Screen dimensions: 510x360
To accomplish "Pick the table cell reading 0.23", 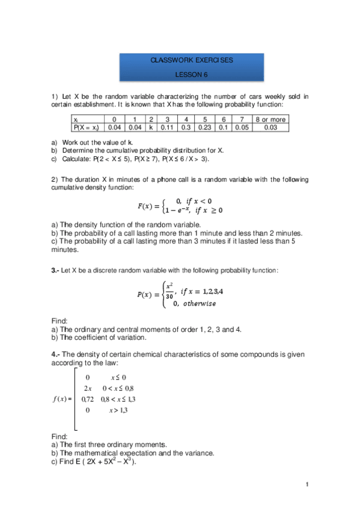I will (x=205, y=127).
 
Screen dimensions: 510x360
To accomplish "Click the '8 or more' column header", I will (x=270, y=120).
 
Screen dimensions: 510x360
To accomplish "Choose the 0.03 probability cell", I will (x=270, y=127).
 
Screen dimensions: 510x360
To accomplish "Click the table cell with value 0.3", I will (x=186, y=127).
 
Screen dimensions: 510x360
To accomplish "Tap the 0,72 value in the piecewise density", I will (x=88, y=399).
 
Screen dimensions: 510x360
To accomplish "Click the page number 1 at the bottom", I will (x=307, y=485).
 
